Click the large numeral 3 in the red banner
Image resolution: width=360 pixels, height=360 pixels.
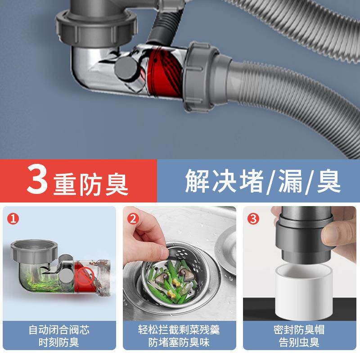click(37, 179)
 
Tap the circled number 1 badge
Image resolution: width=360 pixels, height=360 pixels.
click(13, 219)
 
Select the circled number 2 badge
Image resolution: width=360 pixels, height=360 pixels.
click(133, 219)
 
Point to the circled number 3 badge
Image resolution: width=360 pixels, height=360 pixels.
click(253, 219)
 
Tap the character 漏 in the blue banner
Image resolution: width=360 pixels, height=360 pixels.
click(290, 181)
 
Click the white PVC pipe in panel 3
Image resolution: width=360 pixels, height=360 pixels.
click(303, 292)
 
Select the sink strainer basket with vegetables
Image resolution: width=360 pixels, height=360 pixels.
click(176, 274)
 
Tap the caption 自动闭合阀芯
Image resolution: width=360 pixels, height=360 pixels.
click(59, 330)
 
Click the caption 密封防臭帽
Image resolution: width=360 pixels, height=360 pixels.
click(299, 330)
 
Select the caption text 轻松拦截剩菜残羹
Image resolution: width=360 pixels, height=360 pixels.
click(179, 330)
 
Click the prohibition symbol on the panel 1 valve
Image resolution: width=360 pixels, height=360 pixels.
click(85, 276)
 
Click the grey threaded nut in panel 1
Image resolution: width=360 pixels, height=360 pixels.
click(34, 252)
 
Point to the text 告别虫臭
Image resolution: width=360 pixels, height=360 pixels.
click(299, 342)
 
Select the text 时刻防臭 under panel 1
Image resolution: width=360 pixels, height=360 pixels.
click(59, 342)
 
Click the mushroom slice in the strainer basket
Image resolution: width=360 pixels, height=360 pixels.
click(186, 274)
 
